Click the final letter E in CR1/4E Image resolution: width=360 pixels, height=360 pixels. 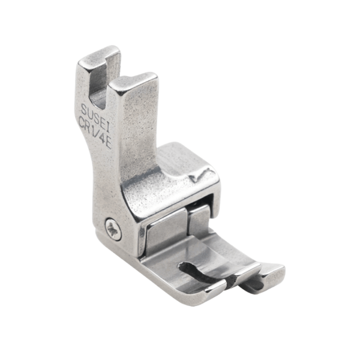[109, 144]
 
